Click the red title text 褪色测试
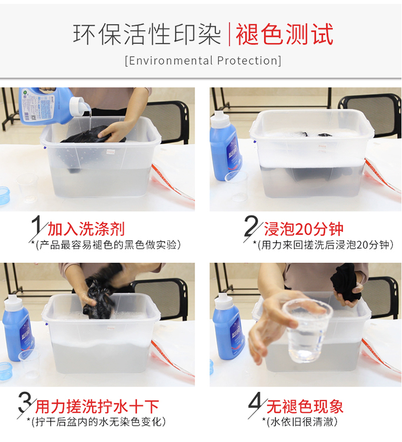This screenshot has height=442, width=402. tap(285, 34)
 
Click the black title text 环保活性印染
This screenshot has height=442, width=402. tap(147, 34)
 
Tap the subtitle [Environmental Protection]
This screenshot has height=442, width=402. tap(203, 61)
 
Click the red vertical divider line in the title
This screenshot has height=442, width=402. tap(229, 34)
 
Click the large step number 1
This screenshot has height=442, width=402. tap(38, 227)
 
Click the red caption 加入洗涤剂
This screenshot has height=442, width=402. tap(86, 229)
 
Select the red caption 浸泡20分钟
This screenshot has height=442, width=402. tap(303, 229)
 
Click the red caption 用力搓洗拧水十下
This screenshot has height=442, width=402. tap(97, 406)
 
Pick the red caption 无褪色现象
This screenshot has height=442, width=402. tap(304, 406)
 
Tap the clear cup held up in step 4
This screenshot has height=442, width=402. tap(307, 331)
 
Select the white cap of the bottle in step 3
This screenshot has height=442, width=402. tap(13, 302)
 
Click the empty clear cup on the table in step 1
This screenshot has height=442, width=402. tap(27, 188)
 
